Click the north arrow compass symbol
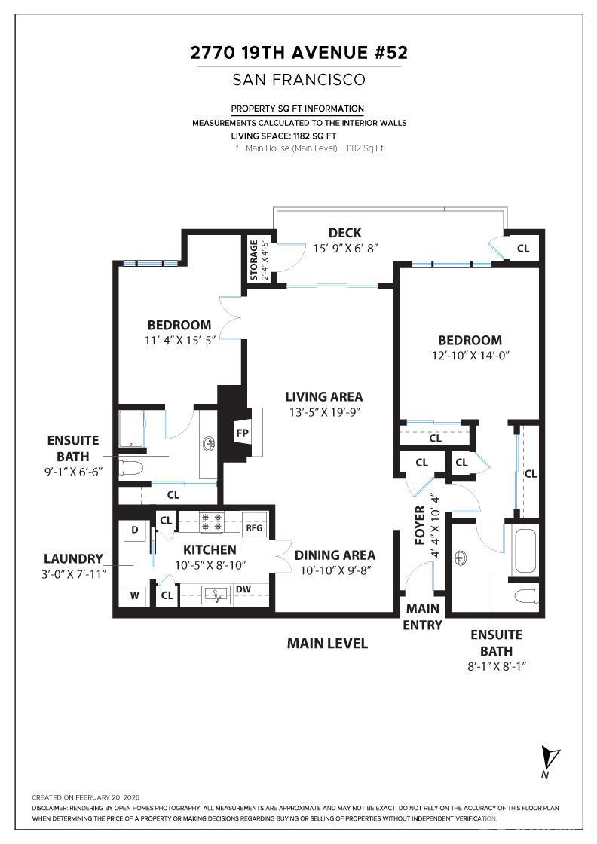[550, 758]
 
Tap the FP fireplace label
[242, 433]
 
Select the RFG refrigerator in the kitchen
[255, 527]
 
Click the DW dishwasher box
[243, 589]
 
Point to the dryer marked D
[135, 530]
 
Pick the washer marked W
[135, 595]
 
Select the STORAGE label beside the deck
[254, 260]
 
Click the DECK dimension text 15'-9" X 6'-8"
[344, 247]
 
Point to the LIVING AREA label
[323, 396]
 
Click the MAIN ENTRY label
[423, 616]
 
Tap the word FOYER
[420, 525]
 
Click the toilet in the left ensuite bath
[131, 468]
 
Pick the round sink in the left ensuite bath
[207, 445]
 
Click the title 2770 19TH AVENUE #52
[298, 53]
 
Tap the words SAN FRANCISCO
[298, 79]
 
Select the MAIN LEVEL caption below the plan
[327, 643]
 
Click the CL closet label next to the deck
[522, 248]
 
